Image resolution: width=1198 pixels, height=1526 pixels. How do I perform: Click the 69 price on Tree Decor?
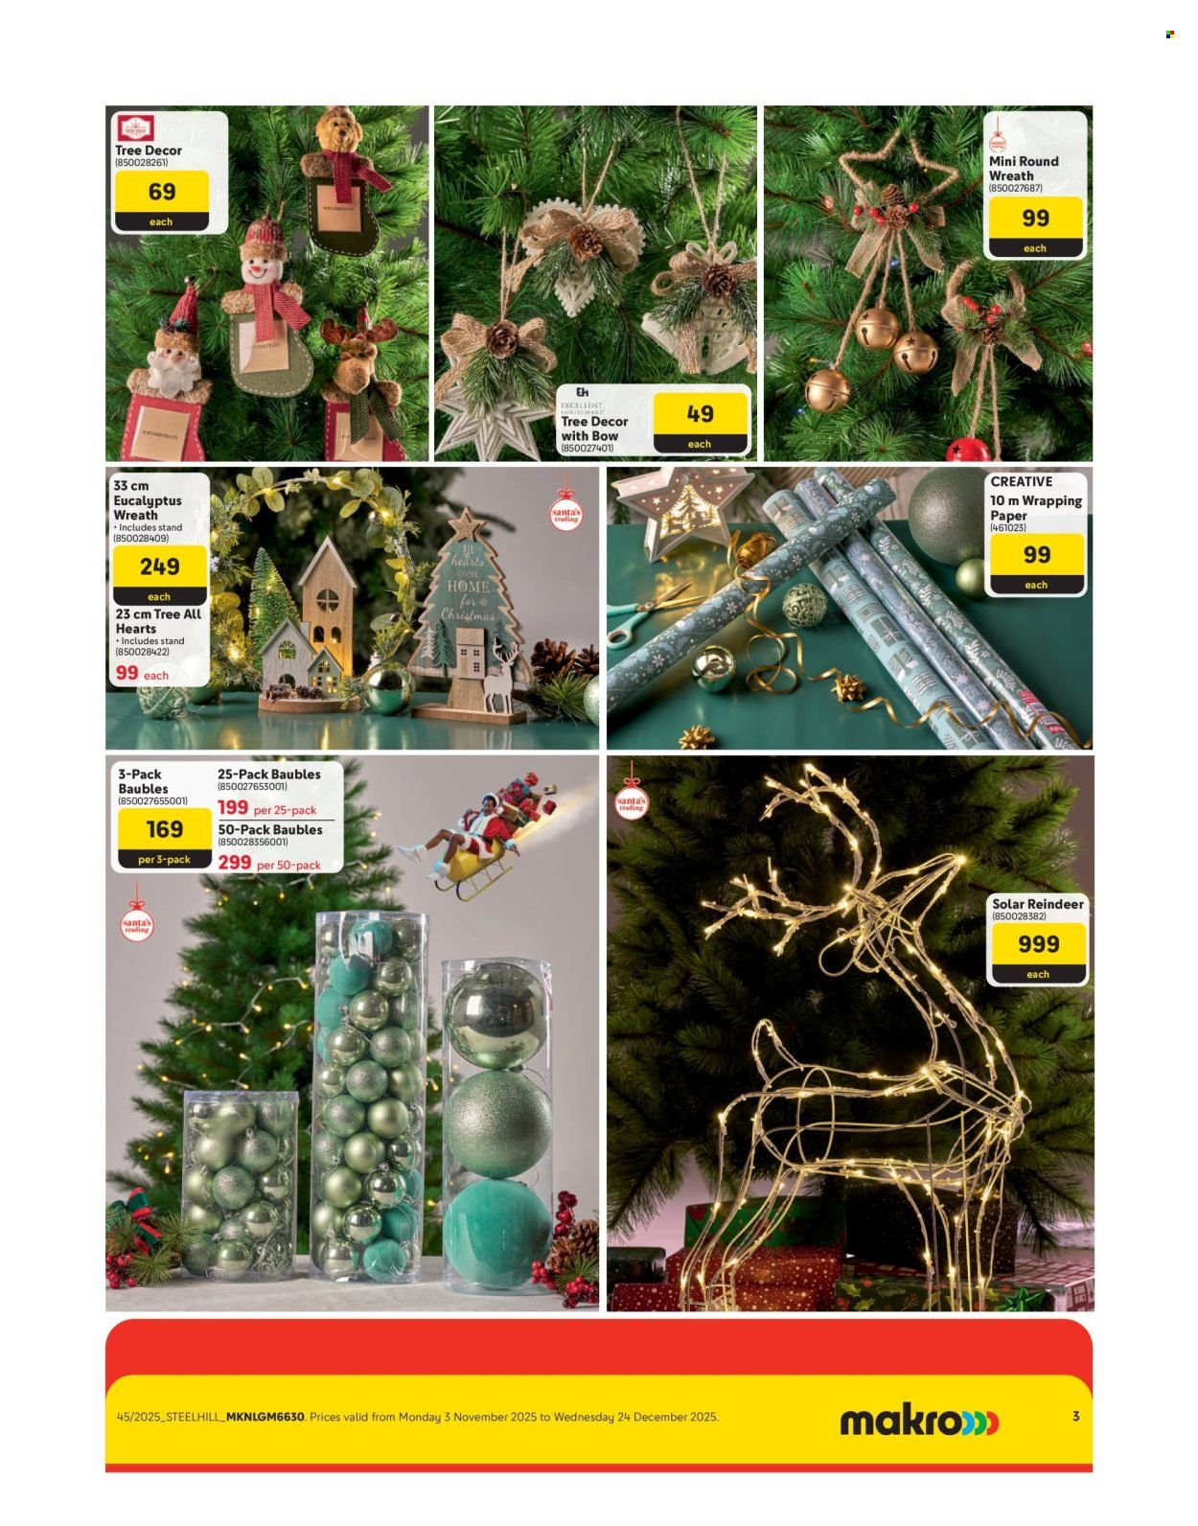[161, 192]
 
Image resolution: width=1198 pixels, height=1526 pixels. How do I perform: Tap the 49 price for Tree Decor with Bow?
[700, 414]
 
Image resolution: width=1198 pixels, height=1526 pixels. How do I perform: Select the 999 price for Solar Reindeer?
[1038, 944]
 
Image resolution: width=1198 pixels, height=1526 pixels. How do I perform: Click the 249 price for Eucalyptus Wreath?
[159, 566]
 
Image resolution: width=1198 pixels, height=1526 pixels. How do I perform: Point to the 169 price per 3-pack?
[164, 829]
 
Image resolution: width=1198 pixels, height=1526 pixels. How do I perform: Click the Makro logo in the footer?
[918, 1421]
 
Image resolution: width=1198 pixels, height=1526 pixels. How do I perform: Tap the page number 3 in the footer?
[1075, 1416]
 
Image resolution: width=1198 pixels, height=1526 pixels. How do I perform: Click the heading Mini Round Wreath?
[1023, 169]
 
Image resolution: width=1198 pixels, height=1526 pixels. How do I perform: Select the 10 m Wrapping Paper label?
[1035, 507]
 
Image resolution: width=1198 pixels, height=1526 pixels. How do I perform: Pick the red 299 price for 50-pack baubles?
[234, 863]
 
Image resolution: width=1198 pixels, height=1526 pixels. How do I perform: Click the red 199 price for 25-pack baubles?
[233, 808]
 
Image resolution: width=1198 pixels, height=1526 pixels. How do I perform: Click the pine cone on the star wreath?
[893, 195]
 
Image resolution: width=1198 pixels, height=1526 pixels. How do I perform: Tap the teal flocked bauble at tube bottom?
[495, 1232]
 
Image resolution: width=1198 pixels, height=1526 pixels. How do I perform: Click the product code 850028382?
[1019, 916]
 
